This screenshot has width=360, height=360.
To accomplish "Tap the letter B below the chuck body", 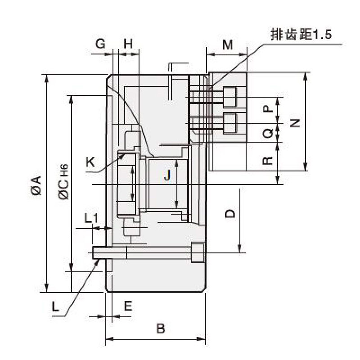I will pos(160,328).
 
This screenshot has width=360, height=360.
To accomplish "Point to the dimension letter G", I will pos(101,44).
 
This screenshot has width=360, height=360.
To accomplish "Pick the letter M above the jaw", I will pos(228,45).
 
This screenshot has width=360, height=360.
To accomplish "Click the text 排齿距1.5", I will pos(300,35).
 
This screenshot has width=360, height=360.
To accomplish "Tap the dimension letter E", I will pos(128,307).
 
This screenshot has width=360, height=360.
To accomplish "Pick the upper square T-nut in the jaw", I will pos(230,96).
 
